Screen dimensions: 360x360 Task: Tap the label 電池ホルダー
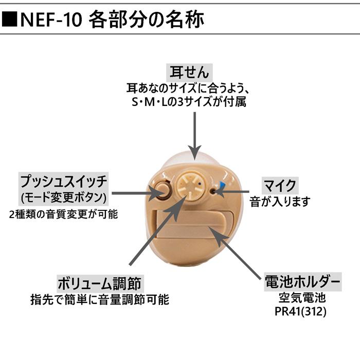301,281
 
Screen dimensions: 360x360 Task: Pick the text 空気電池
301,298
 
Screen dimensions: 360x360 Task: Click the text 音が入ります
280,201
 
